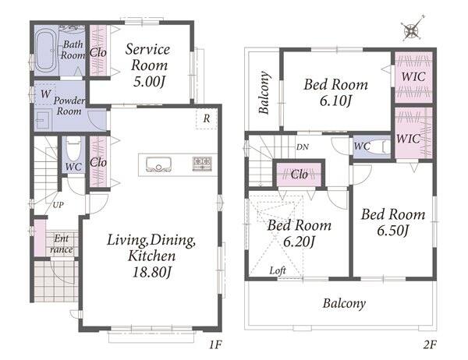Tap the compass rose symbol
tap(413, 29)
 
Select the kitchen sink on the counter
tap(158, 164)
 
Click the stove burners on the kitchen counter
tap(202, 164)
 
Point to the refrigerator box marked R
tap(206, 118)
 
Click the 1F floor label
tap(215, 344)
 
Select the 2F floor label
tap(430, 344)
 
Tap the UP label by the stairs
tap(58, 205)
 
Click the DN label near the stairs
tap(303, 146)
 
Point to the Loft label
tap(278, 270)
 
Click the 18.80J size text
tap(152, 272)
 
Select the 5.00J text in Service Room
tap(149, 81)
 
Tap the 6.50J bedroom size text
tap(392, 231)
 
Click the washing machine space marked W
tap(45, 94)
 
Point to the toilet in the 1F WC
tap(73, 149)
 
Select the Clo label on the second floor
tap(299, 175)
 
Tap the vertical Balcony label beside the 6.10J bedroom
tap(264, 93)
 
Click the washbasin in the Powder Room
tap(44, 121)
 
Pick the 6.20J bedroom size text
tap(299, 242)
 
